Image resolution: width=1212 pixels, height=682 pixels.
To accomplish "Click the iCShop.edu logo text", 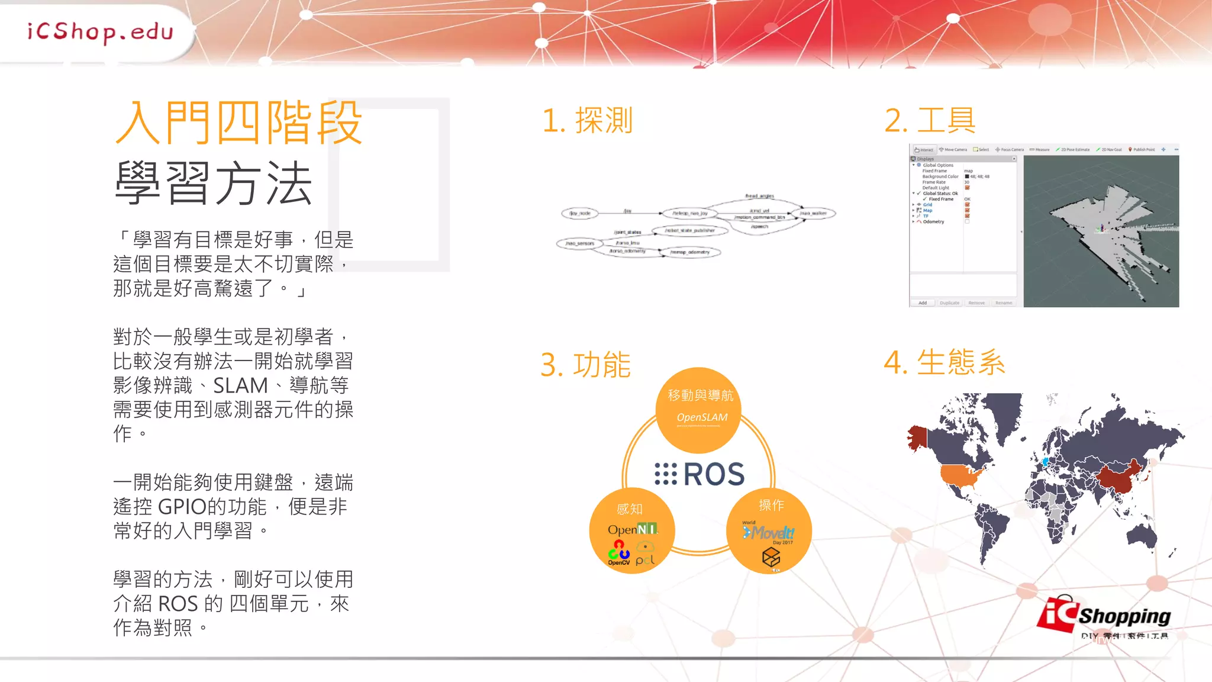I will [x=100, y=32].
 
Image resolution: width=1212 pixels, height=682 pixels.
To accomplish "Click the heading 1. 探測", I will [x=587, y=121].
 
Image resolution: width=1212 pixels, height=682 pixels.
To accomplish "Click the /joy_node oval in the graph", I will [x=580, y=213].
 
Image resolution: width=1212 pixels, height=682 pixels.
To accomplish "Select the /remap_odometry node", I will [x=689, y=252].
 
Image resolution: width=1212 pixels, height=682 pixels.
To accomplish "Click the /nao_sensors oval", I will [x=579, y=243].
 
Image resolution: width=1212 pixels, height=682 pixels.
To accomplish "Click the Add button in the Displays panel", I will [x=923, y=303].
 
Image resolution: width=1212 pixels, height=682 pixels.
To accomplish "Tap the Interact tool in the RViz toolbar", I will [x=924, y=150].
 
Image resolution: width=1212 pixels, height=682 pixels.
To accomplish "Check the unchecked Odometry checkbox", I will [x=967, y=222].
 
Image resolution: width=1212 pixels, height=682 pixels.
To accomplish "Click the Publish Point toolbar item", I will [x=1142, y=150].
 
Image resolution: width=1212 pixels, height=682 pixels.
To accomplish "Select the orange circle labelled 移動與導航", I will [x=698, y=410].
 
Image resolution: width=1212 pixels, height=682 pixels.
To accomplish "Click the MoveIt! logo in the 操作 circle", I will [x=769, y=533].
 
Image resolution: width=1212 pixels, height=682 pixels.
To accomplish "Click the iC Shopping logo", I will [x=1104, y=617].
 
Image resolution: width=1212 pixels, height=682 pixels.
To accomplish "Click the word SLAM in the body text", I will [x=240, y=386].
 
